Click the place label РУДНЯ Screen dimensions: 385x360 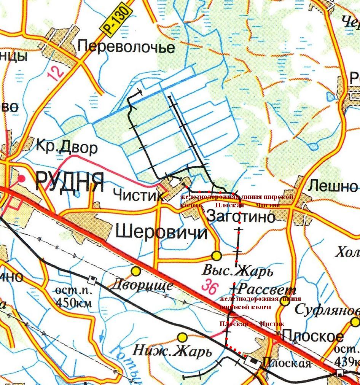(x=69, y=182)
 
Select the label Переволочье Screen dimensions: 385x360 (x=126, y=47)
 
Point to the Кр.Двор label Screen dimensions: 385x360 (x=67, y=148)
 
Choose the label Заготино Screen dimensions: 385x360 (x=241, y=216)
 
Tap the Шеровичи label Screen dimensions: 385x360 (x=161, y=232)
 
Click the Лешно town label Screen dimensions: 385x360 (x=333, y=186)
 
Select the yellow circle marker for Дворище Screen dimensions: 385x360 (x=136, y=270)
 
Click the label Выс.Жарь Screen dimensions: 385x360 (x=237, y=272)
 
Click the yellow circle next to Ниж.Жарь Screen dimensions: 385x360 (x=183, y=337)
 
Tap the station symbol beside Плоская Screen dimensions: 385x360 (x=252, y=361)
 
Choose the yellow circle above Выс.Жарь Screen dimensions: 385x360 (x=217, y=255)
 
